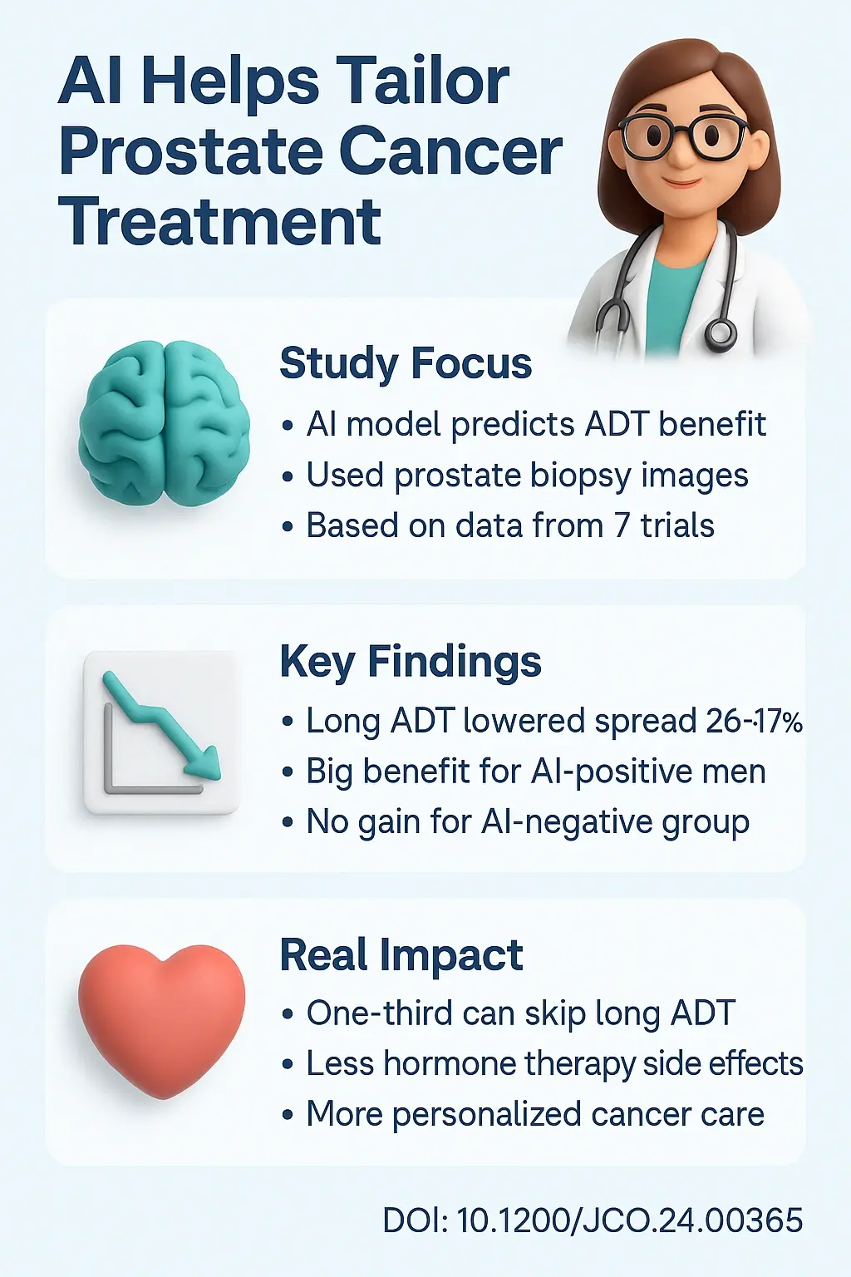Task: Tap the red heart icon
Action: pos(161,1018)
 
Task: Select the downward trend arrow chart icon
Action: pos(160,732)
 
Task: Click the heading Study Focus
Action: pos(405,364)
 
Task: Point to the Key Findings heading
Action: pos(410,663)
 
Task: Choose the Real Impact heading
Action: pos(401,955)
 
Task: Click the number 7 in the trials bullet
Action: pos(622,526)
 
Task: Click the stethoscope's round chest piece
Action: pos(720,334)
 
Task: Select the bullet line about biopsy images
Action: pos(526,476)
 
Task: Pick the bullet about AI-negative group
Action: pos(527,822)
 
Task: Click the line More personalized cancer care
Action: pos(534,1115)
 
